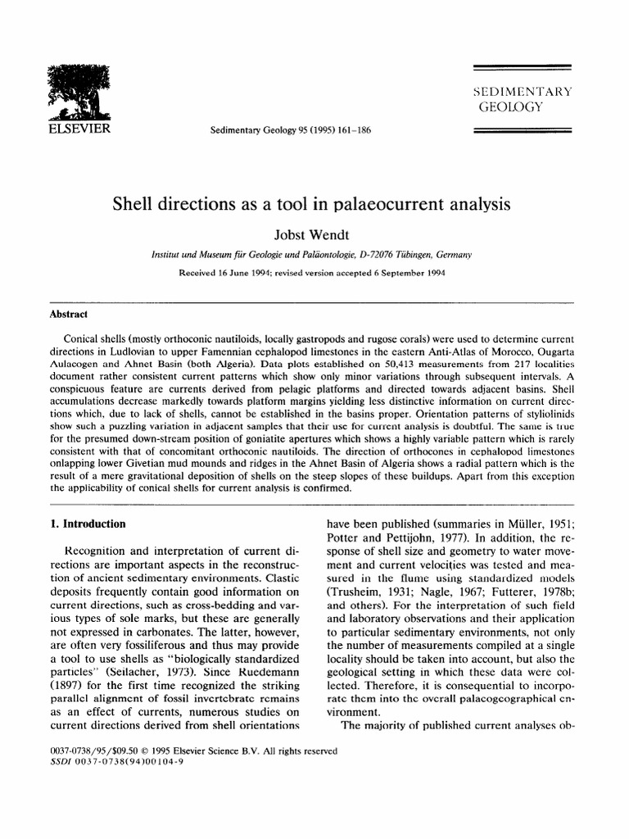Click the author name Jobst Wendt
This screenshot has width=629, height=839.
pos(314,234)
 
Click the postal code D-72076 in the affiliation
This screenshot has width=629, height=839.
pos(385,256)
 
